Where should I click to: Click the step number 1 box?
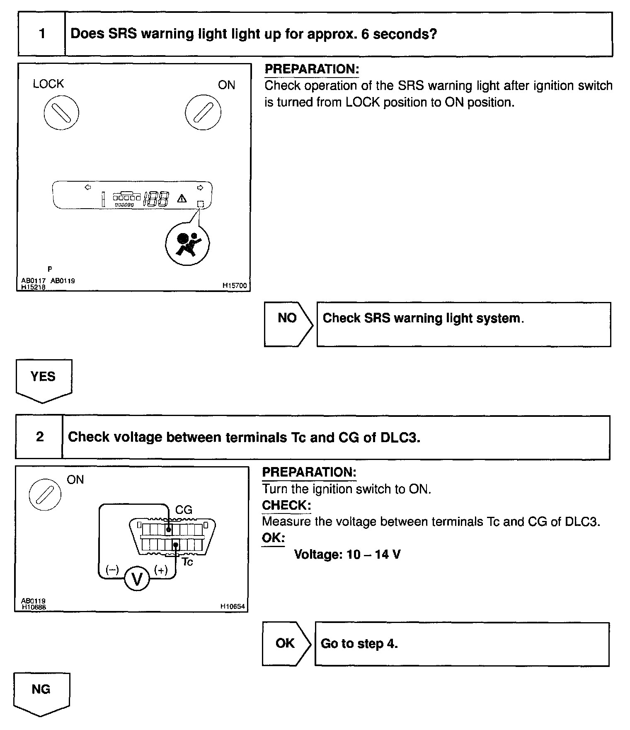(x=42, y=34)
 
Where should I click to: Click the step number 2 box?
(x=39, y=437)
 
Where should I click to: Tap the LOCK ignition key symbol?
(x=61, y=112)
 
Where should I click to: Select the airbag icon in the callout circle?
(x=187, y=243)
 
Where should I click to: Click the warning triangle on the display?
(x=182, y=199)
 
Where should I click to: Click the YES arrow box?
(x=44, y=380)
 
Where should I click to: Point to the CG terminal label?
(x=184, y=510)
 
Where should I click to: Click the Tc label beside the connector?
(x=187, y=562)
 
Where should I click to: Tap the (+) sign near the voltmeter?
(x=161, y=570)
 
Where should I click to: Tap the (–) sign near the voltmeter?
(x=112, y=570)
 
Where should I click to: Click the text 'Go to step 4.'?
(x=359, y=643)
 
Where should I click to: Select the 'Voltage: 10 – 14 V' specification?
(x=347, y=555)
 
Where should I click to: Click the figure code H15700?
(x=234, y=285)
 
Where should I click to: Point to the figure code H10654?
(x=233, y=606)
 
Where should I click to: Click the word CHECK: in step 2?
(x=286, y=505)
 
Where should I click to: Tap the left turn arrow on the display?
(x=87, y=187)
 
